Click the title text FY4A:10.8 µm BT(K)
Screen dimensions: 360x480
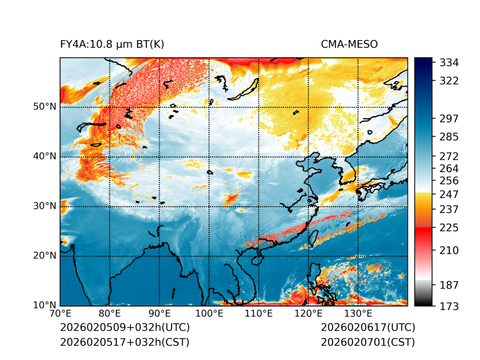[112, 45]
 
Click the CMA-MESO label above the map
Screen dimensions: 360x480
[349, 45]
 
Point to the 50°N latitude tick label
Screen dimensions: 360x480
[45, 107]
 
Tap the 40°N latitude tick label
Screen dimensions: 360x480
[45, 156]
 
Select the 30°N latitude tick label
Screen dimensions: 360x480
[45, 206]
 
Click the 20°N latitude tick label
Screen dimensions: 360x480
[45, 256]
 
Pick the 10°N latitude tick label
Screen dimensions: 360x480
[45, 305]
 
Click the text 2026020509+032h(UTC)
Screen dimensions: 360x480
[124, 327]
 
